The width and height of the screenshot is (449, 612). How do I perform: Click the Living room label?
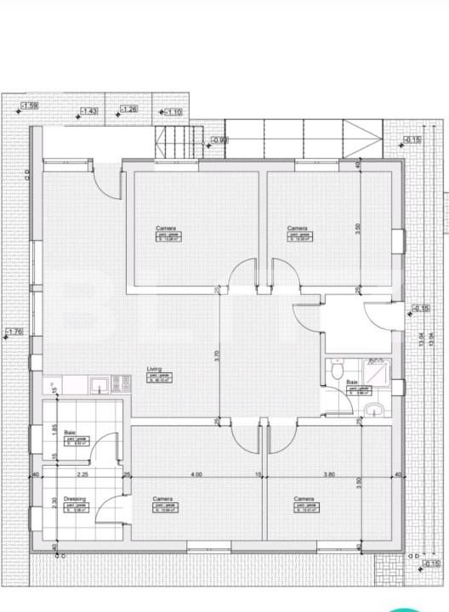pos(154,368)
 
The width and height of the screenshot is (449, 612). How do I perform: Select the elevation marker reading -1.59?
pos(29,105)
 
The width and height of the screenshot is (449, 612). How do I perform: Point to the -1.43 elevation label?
pos(88,111)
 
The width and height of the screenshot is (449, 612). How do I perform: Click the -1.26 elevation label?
pos(128,109)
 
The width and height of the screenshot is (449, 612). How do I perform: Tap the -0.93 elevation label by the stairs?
pos(219,139)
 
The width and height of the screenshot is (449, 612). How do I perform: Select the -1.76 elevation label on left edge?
pos(14,331)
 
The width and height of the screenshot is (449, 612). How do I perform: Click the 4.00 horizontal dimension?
pos(196,475)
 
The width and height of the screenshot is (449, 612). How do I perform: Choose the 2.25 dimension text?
pos(82,475)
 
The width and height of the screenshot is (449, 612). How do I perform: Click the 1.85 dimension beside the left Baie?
pos(52,429)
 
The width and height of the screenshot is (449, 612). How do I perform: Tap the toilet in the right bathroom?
pos(337,371)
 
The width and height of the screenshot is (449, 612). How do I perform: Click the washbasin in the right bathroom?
pos(372,411)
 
